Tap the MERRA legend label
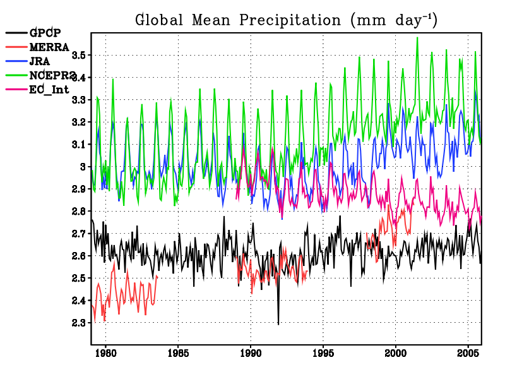[49, 47]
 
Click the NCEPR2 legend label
[53, 75]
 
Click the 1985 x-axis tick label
[178, 352]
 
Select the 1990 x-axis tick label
[251, 352]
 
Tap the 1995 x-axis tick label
[323, 352]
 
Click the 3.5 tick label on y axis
[80, 56]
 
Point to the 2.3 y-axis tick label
[80, 323]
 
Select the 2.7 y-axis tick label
[80, 234]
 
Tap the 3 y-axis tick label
[83, 167]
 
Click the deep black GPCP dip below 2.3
[278, 323]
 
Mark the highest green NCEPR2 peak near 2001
[417, 38]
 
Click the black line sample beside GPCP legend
[16, 33]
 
